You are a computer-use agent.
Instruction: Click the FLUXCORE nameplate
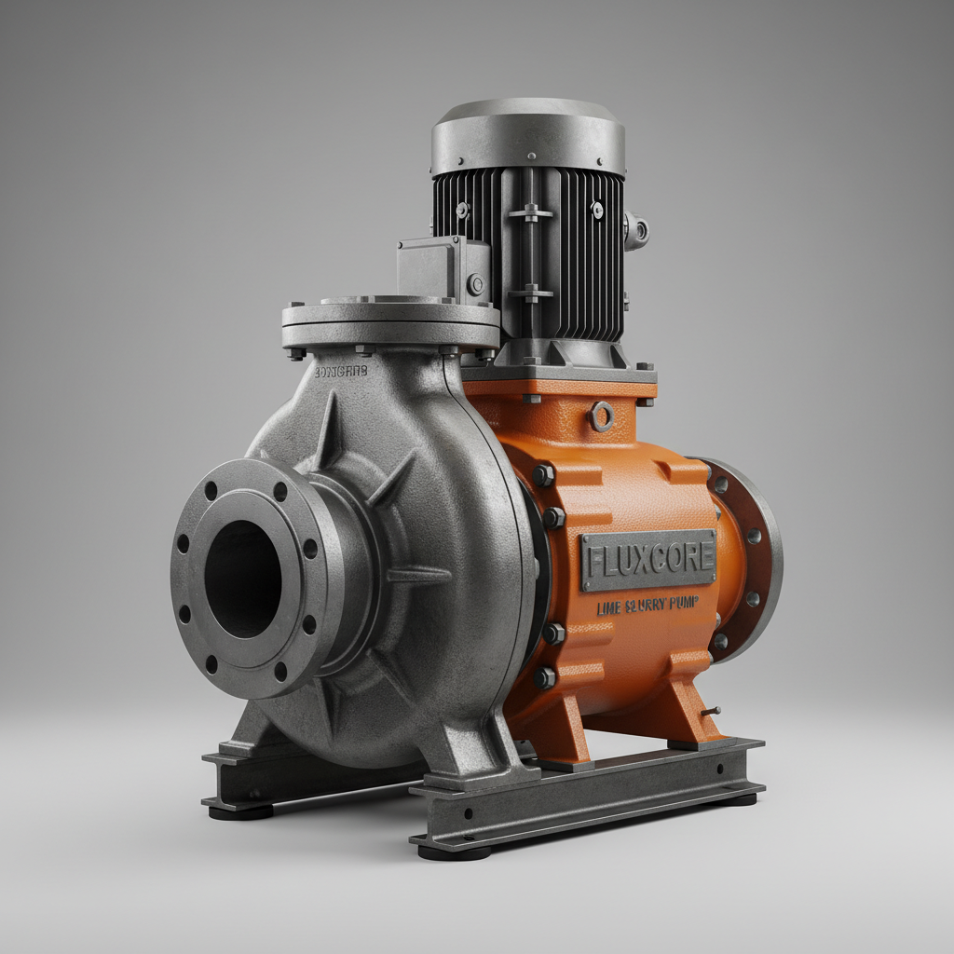[x=648, y=560]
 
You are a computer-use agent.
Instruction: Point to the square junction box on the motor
[x=443, y=267]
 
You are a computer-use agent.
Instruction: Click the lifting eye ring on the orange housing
[x=602, y=416]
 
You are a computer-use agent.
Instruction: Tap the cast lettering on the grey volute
[x=341, y=371]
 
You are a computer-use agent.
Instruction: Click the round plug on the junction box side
[x=476, y=284]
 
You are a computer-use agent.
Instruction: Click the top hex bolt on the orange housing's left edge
[x=543, y=476]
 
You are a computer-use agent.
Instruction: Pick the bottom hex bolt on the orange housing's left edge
[x=545, y=677]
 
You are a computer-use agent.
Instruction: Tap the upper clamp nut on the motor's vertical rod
[x=531, y=212]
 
